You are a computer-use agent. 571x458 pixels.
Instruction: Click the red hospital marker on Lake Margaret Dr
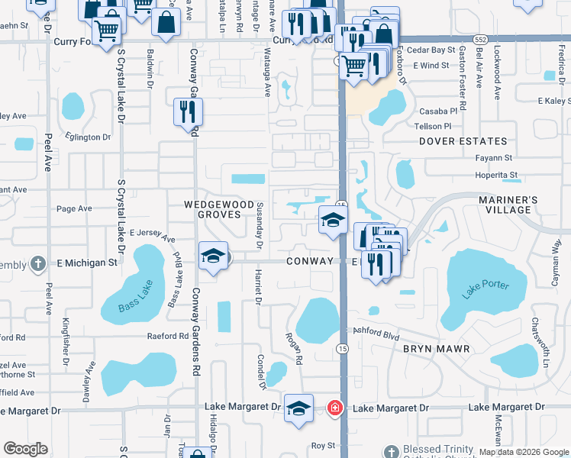tap(334, 408)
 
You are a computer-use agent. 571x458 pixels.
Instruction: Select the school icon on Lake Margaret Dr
tap(298, 408)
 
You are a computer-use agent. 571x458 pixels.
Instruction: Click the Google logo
tap(25, 449)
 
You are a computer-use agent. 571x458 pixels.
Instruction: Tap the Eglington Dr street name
tap(88, 137)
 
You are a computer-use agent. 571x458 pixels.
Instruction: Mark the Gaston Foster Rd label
tap(461, 69)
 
